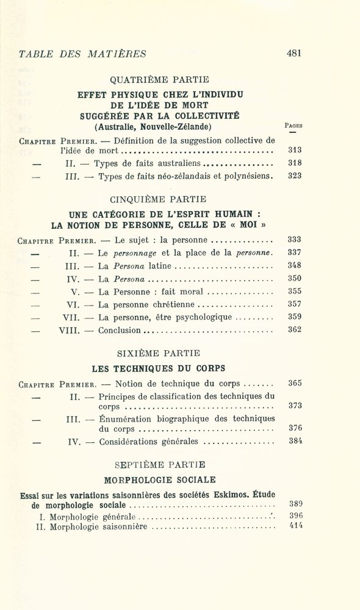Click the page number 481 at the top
(x=294, y=53)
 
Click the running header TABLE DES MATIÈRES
(x=82, y=54)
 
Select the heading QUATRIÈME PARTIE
(x=159, y=79)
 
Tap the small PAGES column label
(x=293, y=125)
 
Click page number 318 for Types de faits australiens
(x=295, y=163)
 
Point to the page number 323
(x=295, y=176)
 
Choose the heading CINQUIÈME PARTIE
(x=158, y=199)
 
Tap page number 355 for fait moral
(x=295, y=291)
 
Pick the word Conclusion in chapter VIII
(x=119, y=330)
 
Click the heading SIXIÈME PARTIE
(x=158, y=353)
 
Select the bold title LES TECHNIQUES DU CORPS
(x=158, y=368)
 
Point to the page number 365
(x=295, y=383)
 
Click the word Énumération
(x=128, y=418)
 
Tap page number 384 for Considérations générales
(x=295, y=441)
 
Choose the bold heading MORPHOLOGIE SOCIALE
(x=159, y=480)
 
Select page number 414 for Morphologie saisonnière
(x=296, y=526)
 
